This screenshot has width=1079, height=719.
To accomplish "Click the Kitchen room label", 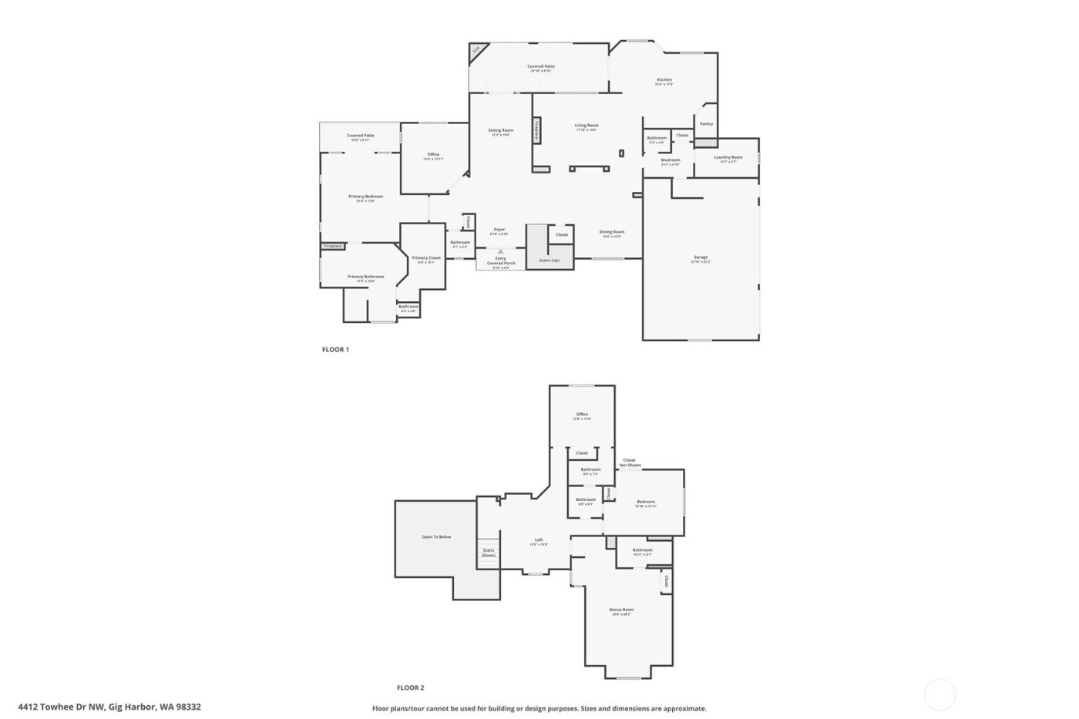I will (664, 80).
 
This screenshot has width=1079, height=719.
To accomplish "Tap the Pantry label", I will (706, 124).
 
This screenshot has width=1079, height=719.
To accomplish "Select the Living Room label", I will (587, 126).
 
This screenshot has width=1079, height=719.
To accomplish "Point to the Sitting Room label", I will (501, 130).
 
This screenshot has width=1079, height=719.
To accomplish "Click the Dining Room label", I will (612, 232).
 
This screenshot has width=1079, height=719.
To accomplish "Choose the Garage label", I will (701, 257).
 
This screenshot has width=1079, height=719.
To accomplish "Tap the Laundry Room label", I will (728, 157).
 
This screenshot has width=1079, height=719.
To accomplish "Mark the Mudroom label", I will (671, 160).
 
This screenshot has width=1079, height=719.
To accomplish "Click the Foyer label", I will (499, 230).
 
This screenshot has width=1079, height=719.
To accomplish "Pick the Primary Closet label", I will (426, 258).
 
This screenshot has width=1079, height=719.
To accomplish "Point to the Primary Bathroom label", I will (365, 277).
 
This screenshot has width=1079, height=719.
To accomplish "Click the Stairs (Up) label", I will (550, 260).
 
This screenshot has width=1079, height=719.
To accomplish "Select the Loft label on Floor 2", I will (539, 540).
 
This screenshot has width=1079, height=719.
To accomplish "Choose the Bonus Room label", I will (621, 610).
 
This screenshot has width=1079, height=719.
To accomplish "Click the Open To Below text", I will (436, 536).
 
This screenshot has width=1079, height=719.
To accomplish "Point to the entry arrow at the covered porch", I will (500, 251).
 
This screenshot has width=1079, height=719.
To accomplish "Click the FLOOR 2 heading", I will (410, 688).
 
